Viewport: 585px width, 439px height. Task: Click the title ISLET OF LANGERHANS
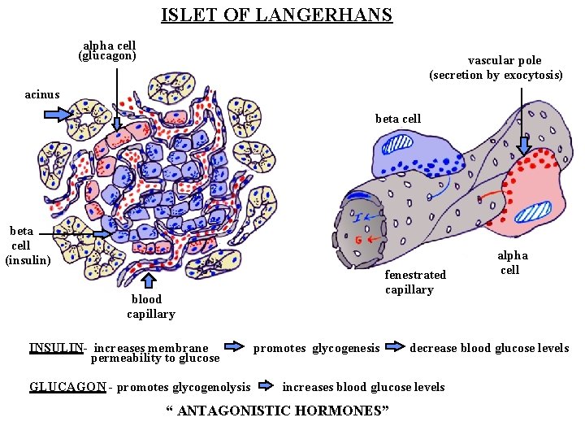coord(276,15)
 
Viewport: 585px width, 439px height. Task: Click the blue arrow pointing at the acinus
coord(57,114)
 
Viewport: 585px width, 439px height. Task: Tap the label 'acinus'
coord(42,94)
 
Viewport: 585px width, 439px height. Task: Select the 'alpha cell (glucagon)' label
coord(107,51)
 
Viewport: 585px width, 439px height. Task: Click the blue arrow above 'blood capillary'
coord(149,280)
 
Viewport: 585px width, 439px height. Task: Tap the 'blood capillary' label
coord(150,306)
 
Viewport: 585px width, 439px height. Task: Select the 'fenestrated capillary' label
coord(415,282)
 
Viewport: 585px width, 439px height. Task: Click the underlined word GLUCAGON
coord(67,387)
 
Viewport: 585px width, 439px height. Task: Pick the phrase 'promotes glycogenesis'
coord(316,348)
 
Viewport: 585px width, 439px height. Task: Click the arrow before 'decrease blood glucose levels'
coord(395,347)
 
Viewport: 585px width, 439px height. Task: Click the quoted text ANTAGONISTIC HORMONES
coord(277,411)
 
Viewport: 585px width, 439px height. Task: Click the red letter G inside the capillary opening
coord(359,241)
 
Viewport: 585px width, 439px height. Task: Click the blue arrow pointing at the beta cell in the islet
coord(102,233)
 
